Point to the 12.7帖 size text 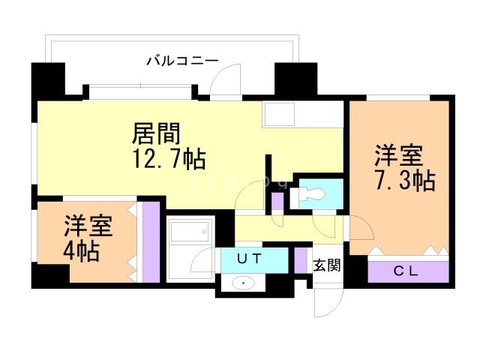tap(169, 160)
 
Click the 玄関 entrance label tap(327, 265)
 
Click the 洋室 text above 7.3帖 tap(398, 156)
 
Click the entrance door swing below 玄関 tap(328, 303)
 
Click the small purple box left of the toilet tap(277, 201)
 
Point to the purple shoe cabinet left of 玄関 tap(301, 259)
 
